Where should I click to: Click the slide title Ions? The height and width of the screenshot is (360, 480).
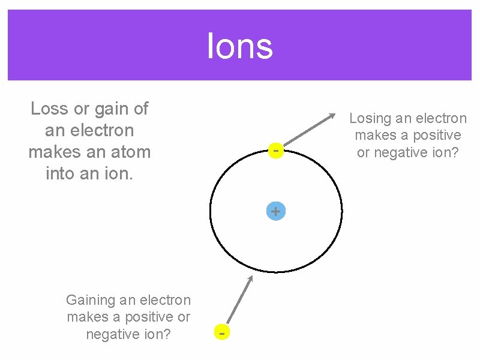(x=240, y=46)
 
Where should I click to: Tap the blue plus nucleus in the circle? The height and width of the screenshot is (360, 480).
(x=275, y=211)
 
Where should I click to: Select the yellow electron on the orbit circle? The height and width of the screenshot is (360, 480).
(x=275, y=150)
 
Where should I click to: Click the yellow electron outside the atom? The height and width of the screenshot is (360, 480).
(x=222, y=332)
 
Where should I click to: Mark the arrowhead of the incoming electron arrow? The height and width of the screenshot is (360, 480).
(x=251, y=278)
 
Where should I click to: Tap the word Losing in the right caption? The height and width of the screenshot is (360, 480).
(x=371, y=119)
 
